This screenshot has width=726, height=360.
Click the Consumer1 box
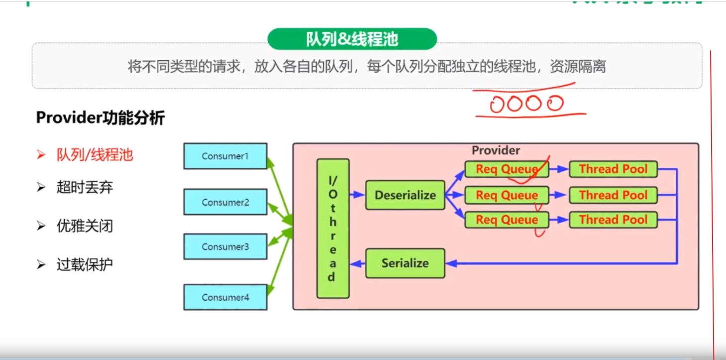225,156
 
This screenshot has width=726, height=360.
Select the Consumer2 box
225,202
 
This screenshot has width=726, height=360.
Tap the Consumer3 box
225,246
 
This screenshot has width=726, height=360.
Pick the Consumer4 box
225,297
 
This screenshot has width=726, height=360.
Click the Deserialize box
405,195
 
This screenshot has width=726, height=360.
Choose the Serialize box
405,263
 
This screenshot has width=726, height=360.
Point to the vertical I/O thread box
332,229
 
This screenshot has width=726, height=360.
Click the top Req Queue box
507,169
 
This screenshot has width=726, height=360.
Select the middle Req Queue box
507,195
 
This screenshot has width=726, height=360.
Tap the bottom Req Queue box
507,220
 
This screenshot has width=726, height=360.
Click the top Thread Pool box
613,169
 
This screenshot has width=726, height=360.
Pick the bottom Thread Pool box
613,220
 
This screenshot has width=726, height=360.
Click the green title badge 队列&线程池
352,39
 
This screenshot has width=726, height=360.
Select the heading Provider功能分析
100,118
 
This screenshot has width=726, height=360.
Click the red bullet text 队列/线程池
95,155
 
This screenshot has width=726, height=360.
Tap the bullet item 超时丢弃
85,188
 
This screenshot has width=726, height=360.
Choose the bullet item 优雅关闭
85,226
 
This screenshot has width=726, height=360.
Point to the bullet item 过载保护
85,264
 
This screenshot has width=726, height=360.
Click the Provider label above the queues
496,150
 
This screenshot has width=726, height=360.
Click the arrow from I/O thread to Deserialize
357,195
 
